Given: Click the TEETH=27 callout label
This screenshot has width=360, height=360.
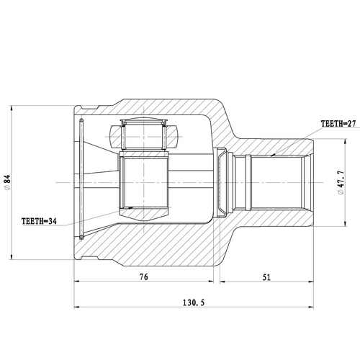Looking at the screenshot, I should (320, 124).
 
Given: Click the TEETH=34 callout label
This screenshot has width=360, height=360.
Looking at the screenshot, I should (40, 222).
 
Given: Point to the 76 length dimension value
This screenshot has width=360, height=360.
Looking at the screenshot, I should (144, 276).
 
